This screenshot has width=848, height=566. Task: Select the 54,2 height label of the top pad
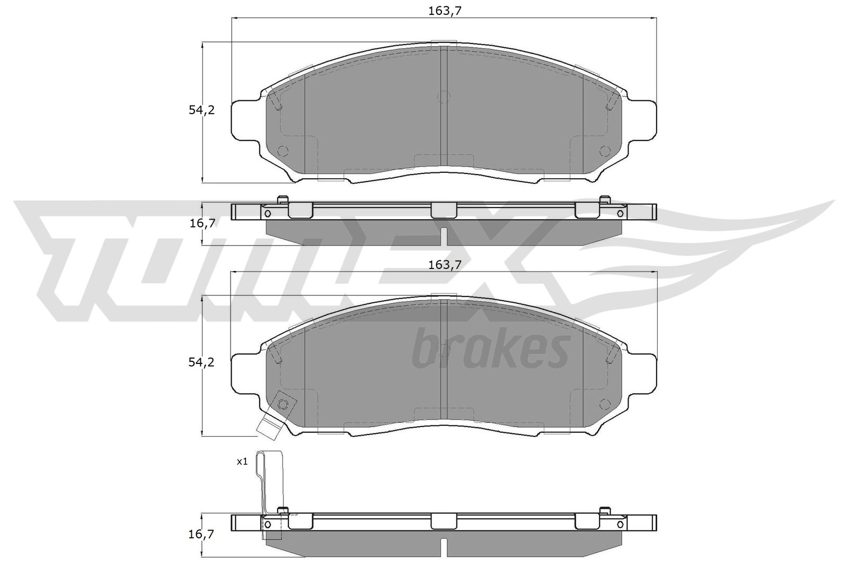(201, 110)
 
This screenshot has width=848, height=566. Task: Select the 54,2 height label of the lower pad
(201, 362)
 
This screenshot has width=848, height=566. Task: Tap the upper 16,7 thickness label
(202, 223)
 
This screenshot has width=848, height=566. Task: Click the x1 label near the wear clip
(242, 461)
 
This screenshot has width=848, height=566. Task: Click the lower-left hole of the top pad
(282, 151)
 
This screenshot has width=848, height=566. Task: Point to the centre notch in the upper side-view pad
(444, 236)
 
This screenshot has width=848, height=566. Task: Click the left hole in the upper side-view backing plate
(267, 213)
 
